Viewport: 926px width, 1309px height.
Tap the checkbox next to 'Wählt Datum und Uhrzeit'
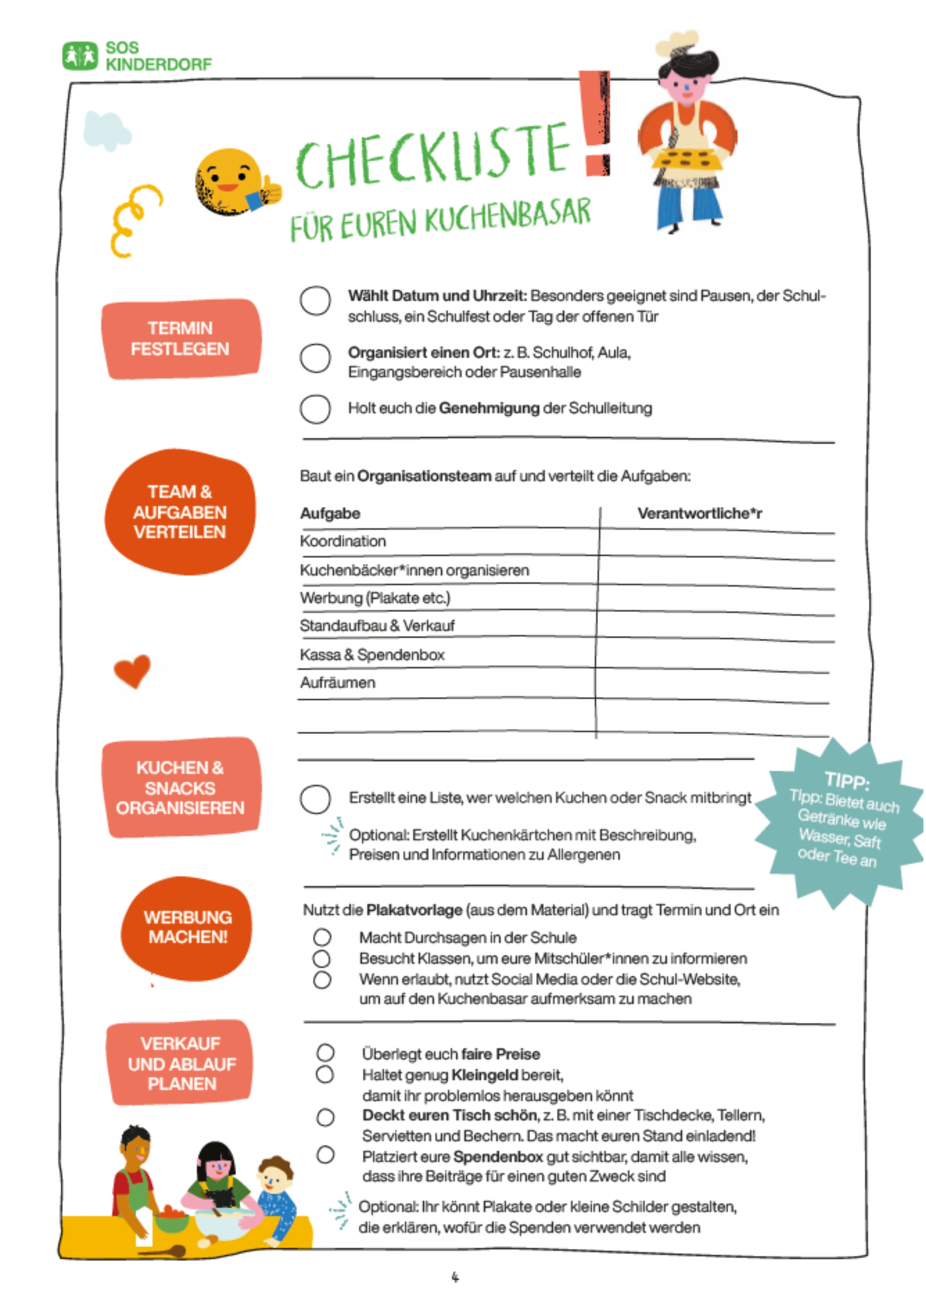tap(315, 300)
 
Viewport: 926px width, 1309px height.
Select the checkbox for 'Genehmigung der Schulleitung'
tap(315, 409)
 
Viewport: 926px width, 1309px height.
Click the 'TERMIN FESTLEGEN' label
tap(180, 339)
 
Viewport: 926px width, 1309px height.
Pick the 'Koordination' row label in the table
tap(343, 541)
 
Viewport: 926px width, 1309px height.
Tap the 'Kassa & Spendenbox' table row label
tap(372, 654)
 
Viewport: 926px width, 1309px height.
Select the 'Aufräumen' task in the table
tap(338, 682)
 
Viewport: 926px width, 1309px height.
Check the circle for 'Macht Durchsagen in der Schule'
tap(322, 937)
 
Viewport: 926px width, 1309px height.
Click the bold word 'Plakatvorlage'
tap(414, 910)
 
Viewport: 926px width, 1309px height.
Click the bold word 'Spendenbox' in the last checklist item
tap(497, 1157)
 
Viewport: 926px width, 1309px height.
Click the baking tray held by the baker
tap(687, 159)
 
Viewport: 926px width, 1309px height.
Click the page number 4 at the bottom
tap(455, 1277)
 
